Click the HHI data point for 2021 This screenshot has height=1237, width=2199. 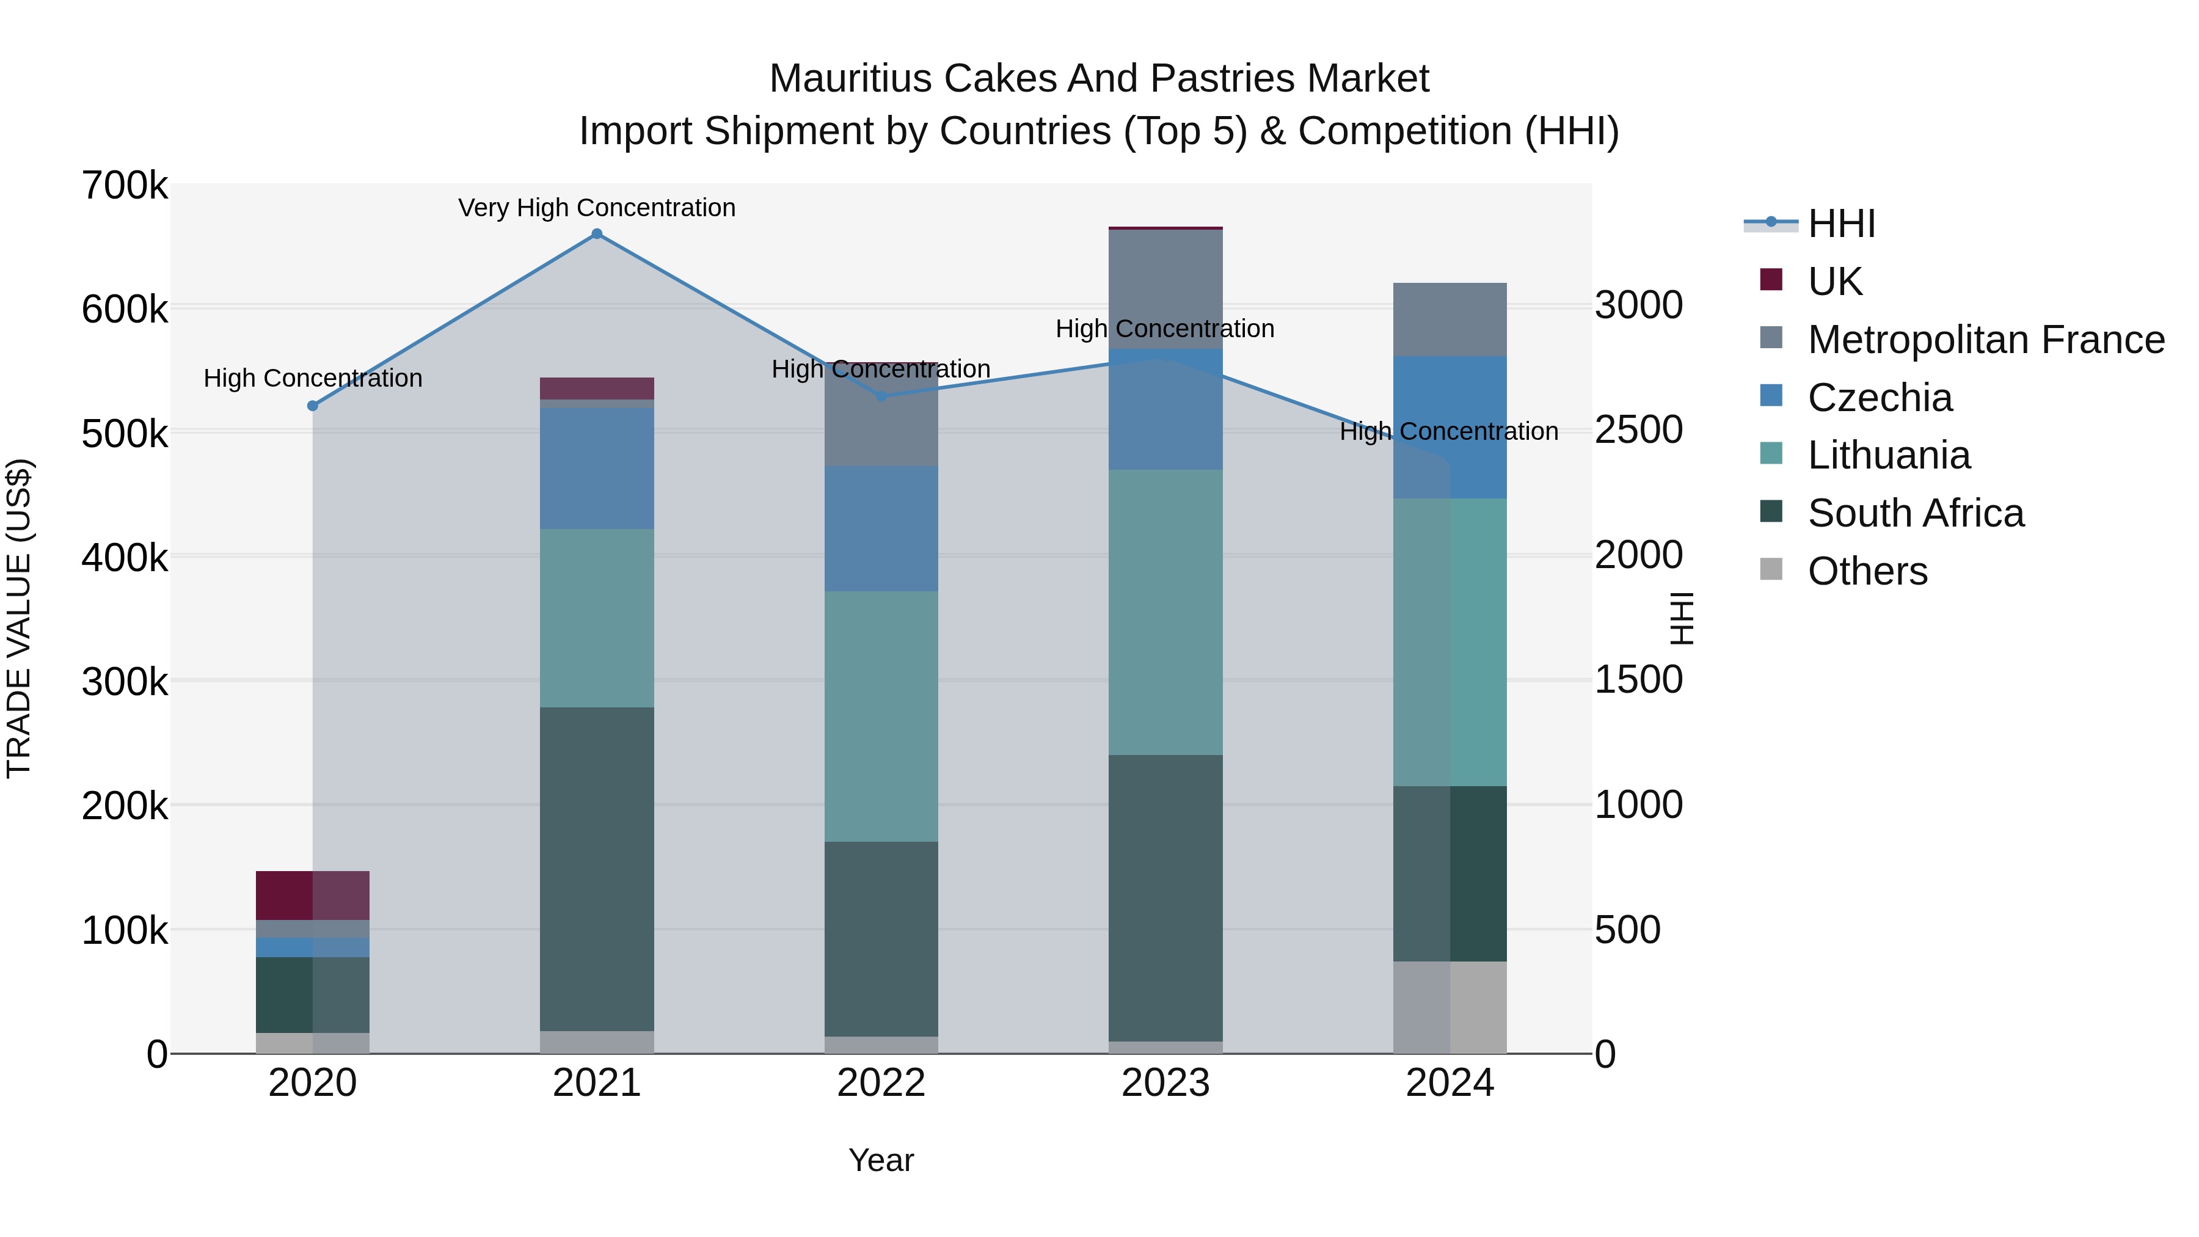click(597, 234)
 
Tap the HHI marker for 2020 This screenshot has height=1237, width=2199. click(312, 406)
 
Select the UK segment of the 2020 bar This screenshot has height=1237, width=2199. click(312, 896)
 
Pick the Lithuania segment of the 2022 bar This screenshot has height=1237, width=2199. click(881, 717)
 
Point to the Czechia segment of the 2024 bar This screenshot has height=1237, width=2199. click(1450, 427)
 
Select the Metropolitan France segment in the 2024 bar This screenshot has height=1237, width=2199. click(1450, 319)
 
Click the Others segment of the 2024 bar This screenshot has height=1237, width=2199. click(1450, 1007)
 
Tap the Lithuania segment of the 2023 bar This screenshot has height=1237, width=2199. click(1165, 612)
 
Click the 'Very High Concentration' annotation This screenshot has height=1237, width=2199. click(597, 208)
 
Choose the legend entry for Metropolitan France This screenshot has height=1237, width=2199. click(1986, 340)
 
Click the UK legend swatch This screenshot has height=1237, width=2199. click(1771, 280)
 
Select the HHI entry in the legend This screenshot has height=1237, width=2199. click(1841, 224)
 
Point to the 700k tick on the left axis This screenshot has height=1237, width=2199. click(125, 186)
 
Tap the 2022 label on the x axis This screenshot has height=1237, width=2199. click(881, 1083)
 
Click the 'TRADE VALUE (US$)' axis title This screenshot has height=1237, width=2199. click(19, 618)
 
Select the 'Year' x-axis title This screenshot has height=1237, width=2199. click(881, 1160)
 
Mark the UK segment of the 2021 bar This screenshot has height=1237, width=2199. click(597, 389)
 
